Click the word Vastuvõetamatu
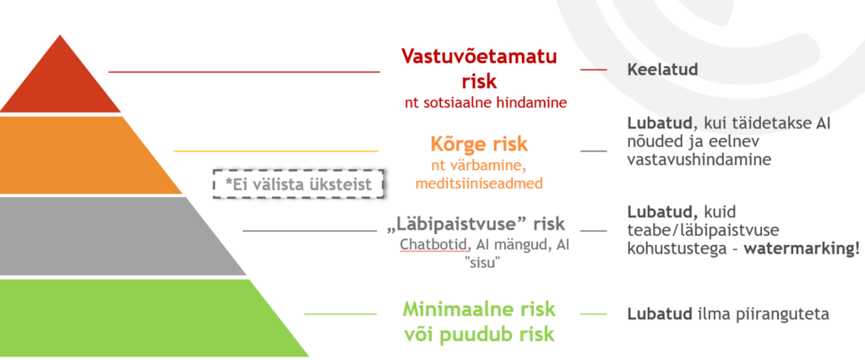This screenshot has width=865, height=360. coord(479,57)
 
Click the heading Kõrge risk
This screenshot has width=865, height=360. coord(479,145)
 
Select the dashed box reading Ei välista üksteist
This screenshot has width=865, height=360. coord(298,184)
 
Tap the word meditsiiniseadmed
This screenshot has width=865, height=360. coord(479,183)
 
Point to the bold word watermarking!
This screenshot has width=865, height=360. coord(802,248)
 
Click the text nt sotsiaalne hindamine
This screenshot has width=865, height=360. coord(486,103)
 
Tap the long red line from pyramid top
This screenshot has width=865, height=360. coord(244,72)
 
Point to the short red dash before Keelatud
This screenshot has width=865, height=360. coord(594,69)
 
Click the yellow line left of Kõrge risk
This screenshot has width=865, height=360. coord(276,150)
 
